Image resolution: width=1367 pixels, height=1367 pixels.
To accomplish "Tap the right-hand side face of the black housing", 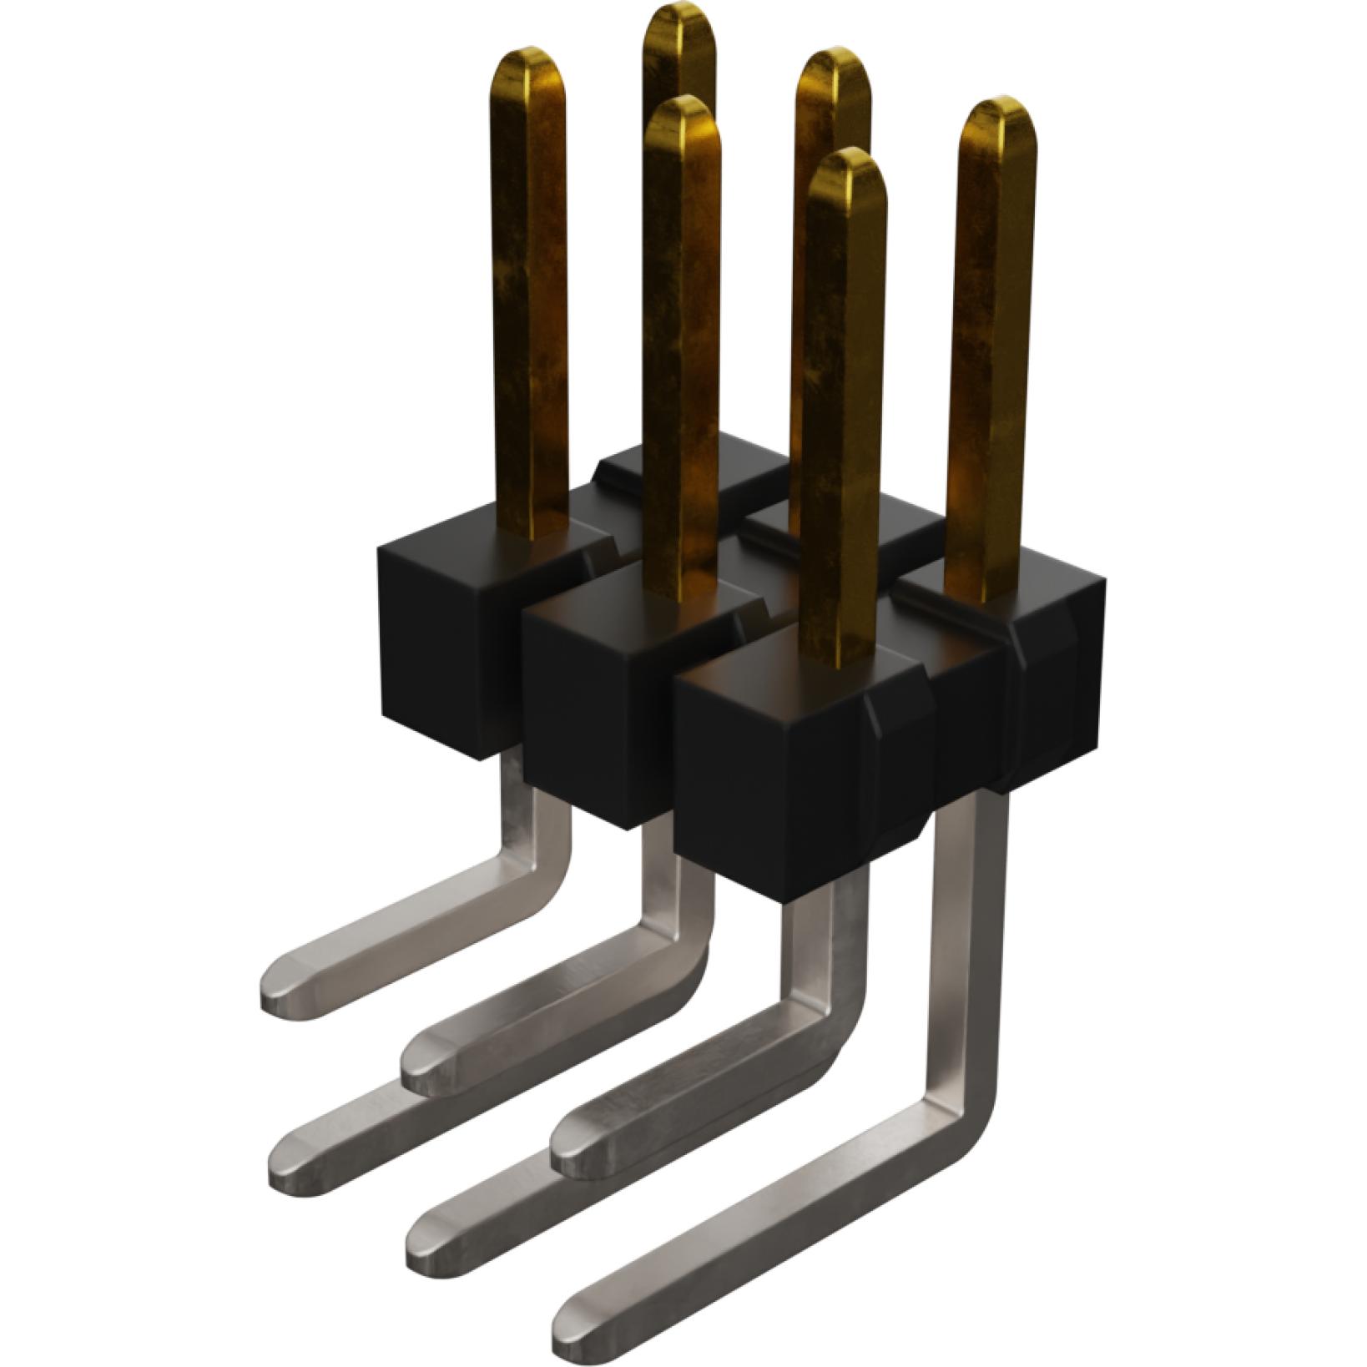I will tap(1060, 684).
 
